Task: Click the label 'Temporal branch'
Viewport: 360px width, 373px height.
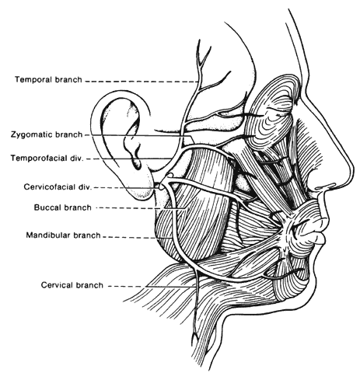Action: click(x=48, y=79)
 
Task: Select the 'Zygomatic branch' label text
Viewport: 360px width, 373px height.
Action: click(x=47, y=134)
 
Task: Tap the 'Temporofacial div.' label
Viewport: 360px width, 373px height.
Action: click(x=47, y=158)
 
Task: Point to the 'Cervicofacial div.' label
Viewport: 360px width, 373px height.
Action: click(x=58, y=186)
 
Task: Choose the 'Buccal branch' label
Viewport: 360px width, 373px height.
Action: click(x=63, y=207)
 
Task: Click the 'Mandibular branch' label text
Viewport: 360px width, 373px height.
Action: click(x=63, y=235)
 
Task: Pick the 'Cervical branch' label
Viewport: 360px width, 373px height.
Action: click(x=72, y=285)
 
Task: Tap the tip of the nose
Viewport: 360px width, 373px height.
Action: click(x=351, y=173)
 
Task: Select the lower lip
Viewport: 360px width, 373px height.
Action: click(x=320, y=239)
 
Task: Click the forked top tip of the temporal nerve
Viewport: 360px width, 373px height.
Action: click(x=202, y=53)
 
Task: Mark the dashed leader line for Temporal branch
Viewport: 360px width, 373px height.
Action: click(x=142, y=82)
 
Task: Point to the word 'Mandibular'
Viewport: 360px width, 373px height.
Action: click(x=48, y=235)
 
